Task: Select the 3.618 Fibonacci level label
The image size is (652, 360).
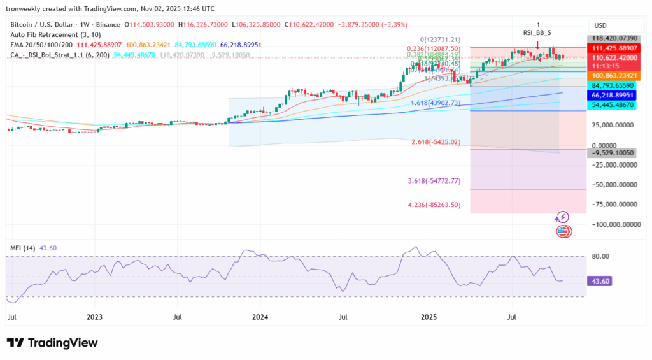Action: [434, 182]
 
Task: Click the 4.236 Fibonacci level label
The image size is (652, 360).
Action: [434, 205]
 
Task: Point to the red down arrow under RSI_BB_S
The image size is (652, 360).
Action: [537, 45]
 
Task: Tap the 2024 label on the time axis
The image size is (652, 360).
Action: [260, 316]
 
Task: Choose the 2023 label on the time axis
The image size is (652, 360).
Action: [94, 316]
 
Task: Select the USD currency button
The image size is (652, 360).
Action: [600, 25]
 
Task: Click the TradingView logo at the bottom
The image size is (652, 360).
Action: [52, 343]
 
